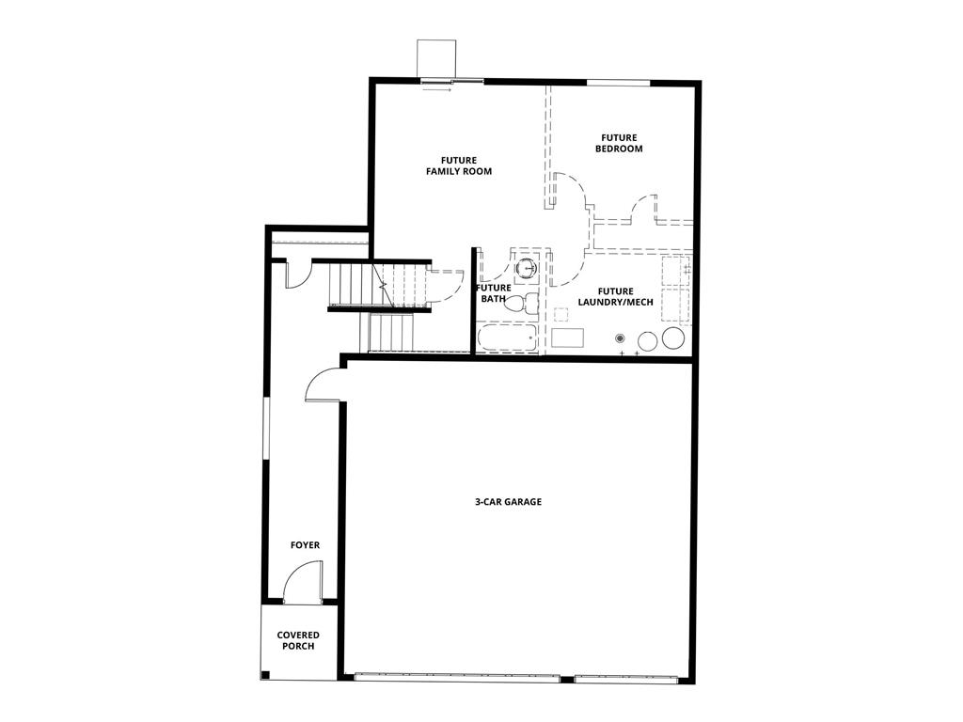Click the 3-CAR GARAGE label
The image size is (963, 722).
click(x=508, y=502)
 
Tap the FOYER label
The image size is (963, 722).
click(x=305, y=545)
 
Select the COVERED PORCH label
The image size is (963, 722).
click(x=298, y=641)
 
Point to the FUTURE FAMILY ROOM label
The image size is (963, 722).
click(x=458, y=165)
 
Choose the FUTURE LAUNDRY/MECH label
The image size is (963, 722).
click(x=608, y=297)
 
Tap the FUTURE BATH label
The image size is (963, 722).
click(x=494, y=293)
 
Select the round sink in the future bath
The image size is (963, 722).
click(x=529, y=268)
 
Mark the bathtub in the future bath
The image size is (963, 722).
click(x=507, y=338)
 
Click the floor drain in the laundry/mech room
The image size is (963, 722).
click(x=620, y=337)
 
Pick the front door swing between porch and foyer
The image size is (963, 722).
click(x=304, y=581)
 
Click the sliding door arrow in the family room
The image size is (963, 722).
click(x=437, y=90)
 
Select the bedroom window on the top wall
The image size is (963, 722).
click(x=618, y=83)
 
